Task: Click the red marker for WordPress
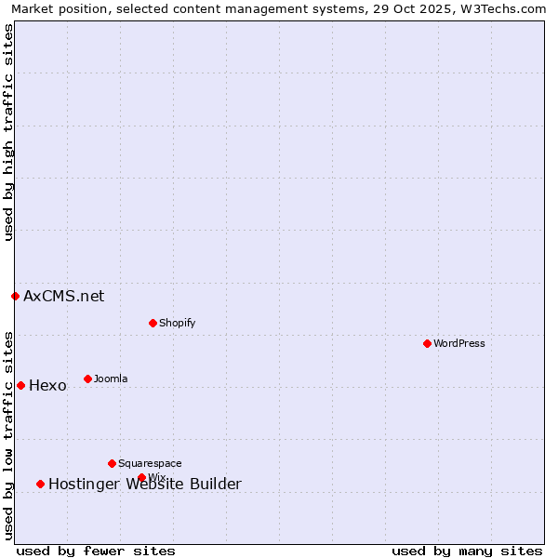tap(427, 343)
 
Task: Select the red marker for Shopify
tap(153, 323)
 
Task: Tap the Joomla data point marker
tap(87, 379)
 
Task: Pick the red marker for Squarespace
tap(112, 463)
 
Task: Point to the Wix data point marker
tap(141, 477)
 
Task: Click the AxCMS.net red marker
tap(15, 296)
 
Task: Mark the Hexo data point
tap(20, 385)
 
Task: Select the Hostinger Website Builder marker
tap(40, 484)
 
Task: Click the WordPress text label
tap(458, 343)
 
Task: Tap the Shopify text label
tap(177, 323)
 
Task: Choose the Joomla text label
tap(111, 379)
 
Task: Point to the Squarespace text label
tap(150, 463)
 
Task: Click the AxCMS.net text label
tap(64, 296)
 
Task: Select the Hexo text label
tap(47, 385)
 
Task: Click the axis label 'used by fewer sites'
tap(96, 551)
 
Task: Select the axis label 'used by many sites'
tap(467, 551)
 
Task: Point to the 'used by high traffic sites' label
tap(9, 133)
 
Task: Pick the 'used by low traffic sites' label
tap(9, 435)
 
